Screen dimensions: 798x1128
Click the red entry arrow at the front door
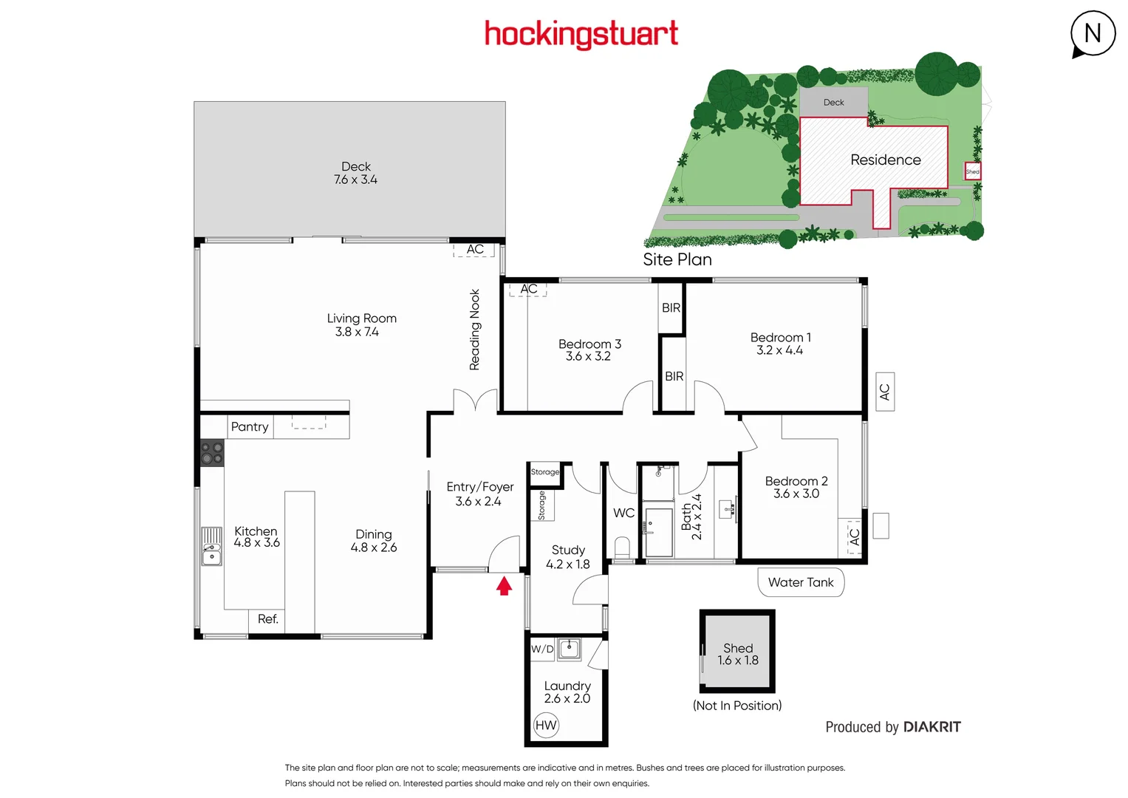504,586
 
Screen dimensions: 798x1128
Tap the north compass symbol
1093,34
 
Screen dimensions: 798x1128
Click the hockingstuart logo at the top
581,34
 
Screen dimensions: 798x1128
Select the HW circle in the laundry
546,725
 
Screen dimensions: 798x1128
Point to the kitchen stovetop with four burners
212,453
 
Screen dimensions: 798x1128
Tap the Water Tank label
801,582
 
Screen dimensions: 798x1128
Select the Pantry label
250,426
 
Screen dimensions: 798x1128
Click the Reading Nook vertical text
474,330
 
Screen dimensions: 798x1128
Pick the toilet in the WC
622,548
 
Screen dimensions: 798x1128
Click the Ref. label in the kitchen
268,619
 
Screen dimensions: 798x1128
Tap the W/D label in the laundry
542,649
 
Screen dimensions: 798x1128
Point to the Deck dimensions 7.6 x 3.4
355,180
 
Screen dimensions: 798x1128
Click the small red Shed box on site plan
973,171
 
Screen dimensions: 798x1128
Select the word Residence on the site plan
885,160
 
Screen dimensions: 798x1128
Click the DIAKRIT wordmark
932,727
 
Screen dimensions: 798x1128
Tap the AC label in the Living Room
475,250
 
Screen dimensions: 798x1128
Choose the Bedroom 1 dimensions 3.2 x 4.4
779,350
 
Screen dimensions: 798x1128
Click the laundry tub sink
569,649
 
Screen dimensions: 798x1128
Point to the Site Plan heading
677,259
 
